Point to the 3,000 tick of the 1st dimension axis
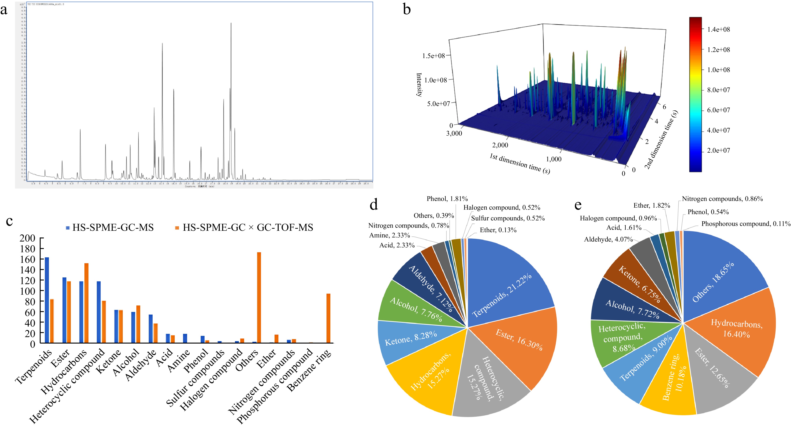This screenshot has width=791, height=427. tap(454, 133)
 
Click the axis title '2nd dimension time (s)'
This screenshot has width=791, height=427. tap(661, 140)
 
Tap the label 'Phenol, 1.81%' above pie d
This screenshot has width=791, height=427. tap(447, 199)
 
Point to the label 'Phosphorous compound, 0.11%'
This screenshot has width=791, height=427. tap(746, 224)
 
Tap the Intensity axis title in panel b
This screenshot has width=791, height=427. tap(419, 85)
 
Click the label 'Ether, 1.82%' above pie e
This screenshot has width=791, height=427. tap(652, 206)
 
